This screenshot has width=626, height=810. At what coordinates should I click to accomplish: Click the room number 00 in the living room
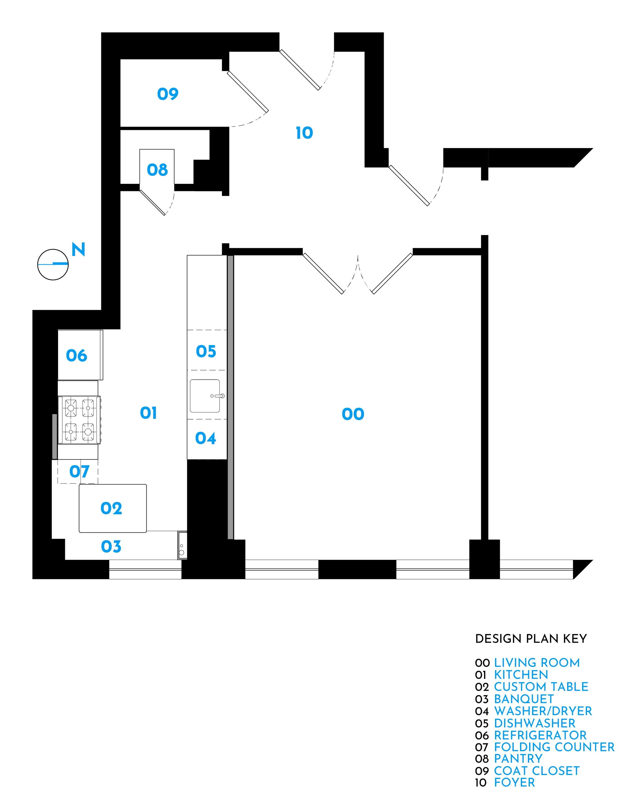(353, 414)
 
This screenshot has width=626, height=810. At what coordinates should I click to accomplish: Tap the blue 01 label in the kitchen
(148, 413)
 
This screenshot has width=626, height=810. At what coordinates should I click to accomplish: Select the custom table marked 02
(111, 508)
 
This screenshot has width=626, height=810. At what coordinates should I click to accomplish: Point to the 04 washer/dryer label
(205, 438)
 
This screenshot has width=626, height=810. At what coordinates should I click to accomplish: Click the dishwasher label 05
(206, 351)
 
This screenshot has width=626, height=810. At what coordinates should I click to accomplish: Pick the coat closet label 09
(168, 94)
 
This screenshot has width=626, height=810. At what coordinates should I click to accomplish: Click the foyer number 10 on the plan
(304, 133)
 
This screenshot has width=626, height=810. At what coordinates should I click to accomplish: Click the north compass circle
(53, 264)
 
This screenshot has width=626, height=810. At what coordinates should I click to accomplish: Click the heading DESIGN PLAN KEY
(531, 639)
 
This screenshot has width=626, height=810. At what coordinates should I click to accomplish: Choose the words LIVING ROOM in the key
(537, 663)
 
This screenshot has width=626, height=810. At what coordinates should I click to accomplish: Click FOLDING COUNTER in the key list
(554, 747)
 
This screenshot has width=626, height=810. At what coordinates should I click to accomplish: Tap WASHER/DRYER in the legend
(543, 711)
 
